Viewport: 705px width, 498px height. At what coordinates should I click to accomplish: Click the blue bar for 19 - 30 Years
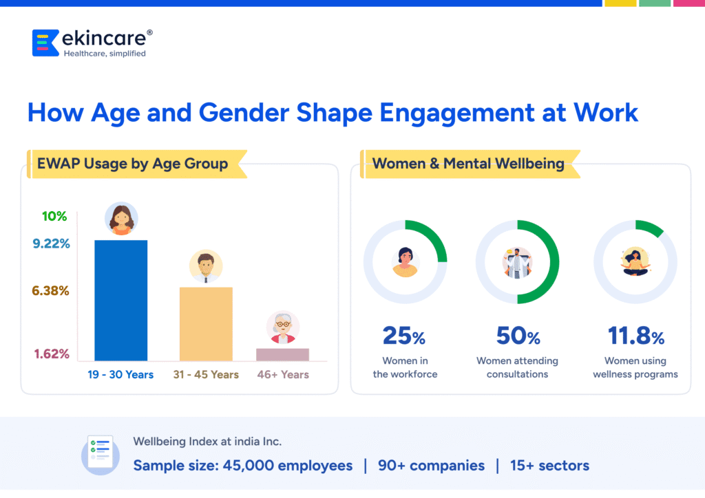click(121, 301)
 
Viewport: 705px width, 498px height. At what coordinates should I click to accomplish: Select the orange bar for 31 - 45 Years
click(206, 324)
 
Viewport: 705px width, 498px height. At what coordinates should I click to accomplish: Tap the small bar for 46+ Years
click(282, 354)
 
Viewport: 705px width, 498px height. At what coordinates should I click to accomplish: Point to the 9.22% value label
click(51, 243)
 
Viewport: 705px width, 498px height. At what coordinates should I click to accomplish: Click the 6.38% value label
click(50, 290)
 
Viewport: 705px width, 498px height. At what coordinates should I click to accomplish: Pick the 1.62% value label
click(52, 354)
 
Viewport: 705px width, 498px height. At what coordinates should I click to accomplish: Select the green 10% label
click(54, 216)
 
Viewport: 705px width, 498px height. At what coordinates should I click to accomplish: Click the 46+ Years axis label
click(283, 374)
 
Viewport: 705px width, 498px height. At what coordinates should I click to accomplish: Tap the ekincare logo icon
click(45, 43)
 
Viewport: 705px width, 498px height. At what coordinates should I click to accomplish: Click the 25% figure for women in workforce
click(403, 336)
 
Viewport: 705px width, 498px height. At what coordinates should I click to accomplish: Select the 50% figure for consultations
click(518, 336)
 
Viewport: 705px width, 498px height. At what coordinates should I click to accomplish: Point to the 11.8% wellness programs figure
click(635, 336)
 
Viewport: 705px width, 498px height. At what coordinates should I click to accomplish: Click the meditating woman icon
click(635, 262)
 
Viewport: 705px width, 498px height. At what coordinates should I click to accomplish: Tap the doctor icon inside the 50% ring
click(517, 263)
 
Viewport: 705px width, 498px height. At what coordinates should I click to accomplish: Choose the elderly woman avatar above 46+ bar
click(283, 327)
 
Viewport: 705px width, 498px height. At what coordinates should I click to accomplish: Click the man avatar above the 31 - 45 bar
click(206, 266)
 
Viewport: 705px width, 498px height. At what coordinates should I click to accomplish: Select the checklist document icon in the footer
click(101, 455)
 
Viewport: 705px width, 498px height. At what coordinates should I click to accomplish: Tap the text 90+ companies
click(431, 466)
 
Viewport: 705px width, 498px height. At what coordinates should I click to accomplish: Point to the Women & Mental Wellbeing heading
click(468, 164)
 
